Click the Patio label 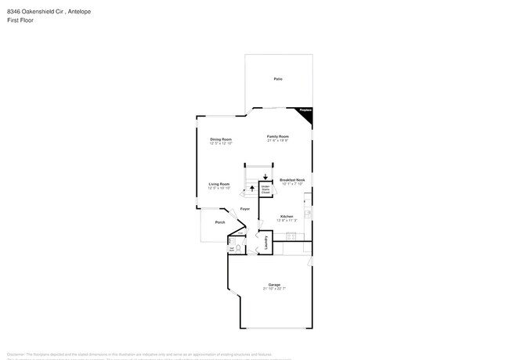point(278,80)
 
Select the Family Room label point(278,136)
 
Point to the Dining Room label point(220,139)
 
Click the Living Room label point(218,183)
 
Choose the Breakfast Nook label point(292,179)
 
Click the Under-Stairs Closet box point(265,189)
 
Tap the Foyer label point(245,209)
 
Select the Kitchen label point(287,216)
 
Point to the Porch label point(209,222)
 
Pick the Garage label point(274,284)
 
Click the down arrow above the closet point(265,178)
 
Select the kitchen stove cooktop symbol point(308,213)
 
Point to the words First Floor point(20,20)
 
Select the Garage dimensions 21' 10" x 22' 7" point(274,290)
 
